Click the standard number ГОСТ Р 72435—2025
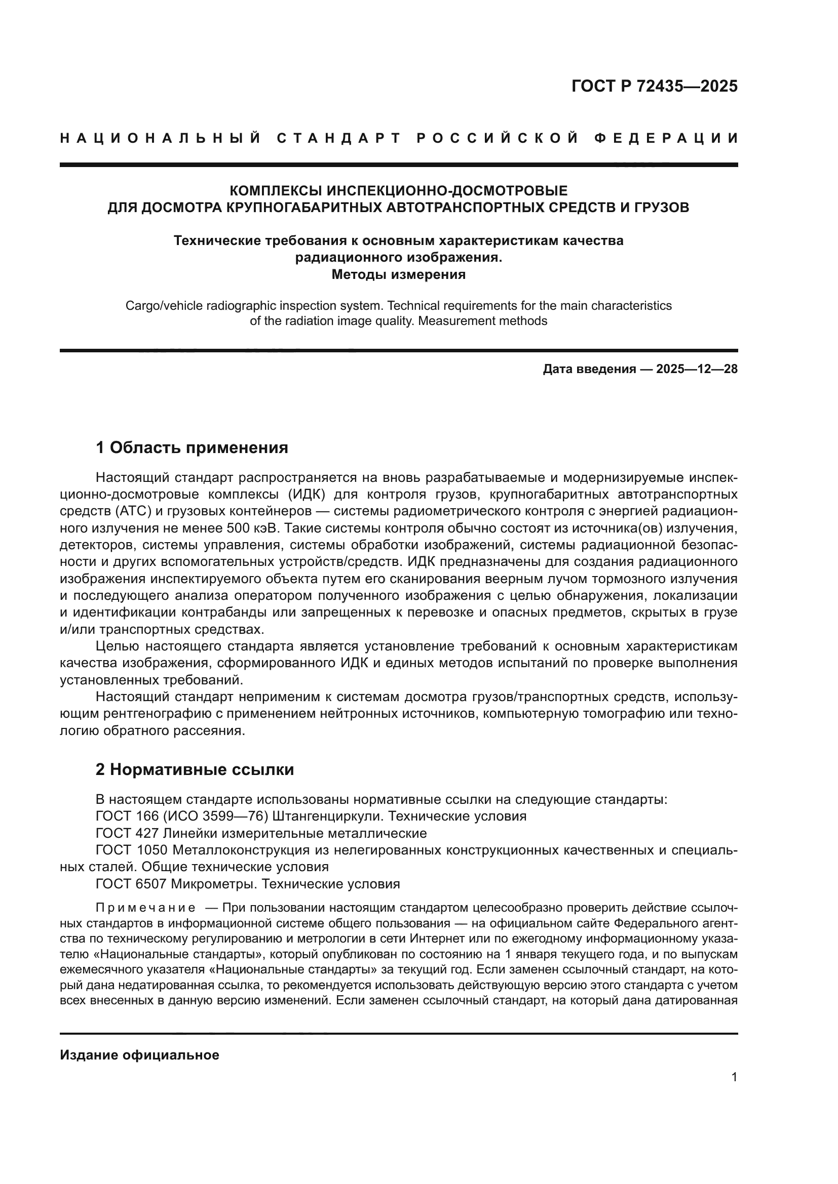pos(654,86)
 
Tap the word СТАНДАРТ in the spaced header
pos(338,138)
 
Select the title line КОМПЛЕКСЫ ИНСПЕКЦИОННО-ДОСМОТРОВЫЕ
pos(398,191)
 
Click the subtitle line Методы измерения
pos(398,274)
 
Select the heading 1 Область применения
pos(192,447)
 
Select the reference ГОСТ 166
pos(131,816)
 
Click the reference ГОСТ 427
pos(131,833)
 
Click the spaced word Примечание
pos(146,908)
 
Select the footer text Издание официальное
pos(139,1055)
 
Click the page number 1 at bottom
pos(734,1077)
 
